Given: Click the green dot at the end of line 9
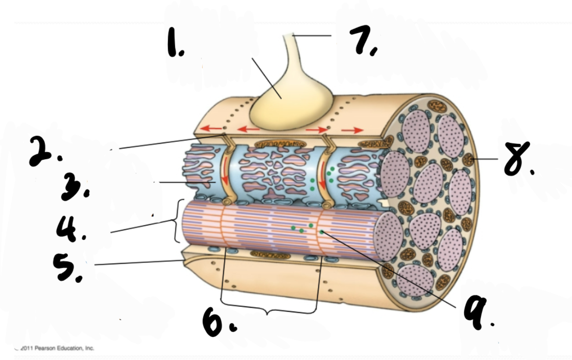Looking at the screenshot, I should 321,232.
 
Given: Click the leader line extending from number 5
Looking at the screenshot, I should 138,262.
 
